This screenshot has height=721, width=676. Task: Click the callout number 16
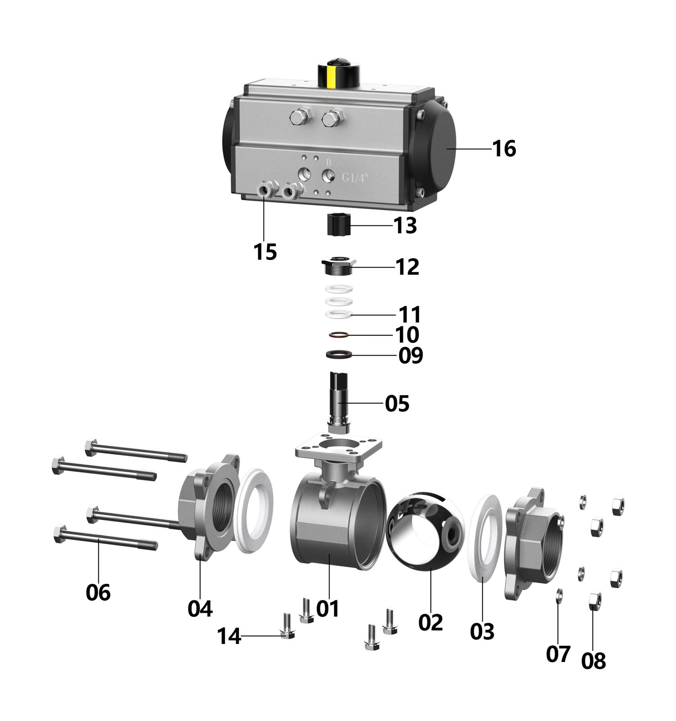504,148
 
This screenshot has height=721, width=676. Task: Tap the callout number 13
405,225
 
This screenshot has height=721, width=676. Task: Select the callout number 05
397,403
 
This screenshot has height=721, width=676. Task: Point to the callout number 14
229,636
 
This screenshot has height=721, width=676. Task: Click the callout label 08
594,661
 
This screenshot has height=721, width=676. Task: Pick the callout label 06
98,592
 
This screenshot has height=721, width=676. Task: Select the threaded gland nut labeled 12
339,265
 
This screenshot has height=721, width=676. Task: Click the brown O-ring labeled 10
338,335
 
